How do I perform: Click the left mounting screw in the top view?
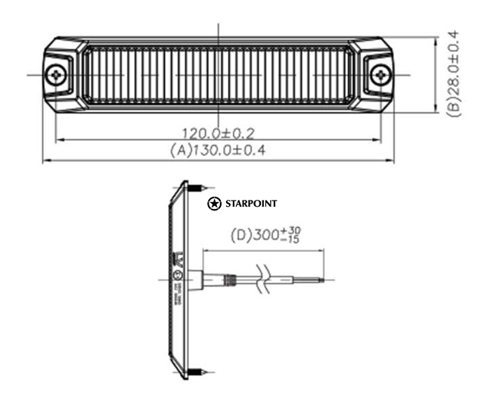(57, 75)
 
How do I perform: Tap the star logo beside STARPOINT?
(215, 204)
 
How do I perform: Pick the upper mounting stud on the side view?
(197, 186)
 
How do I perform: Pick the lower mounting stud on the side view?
(197, 371)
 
